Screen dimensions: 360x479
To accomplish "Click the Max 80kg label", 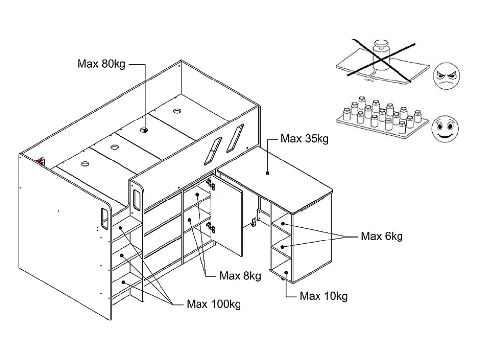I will (101, 64).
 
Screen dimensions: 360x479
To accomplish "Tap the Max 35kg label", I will (304, 139).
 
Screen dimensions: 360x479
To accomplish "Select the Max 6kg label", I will (382, 236).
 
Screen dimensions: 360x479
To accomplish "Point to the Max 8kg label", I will (240, 276).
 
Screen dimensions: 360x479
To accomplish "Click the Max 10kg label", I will (323, 296).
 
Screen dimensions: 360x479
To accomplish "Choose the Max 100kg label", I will (213, 304).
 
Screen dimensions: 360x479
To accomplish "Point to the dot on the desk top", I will (267, 173).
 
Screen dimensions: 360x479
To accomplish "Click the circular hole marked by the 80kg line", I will (144, 130).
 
